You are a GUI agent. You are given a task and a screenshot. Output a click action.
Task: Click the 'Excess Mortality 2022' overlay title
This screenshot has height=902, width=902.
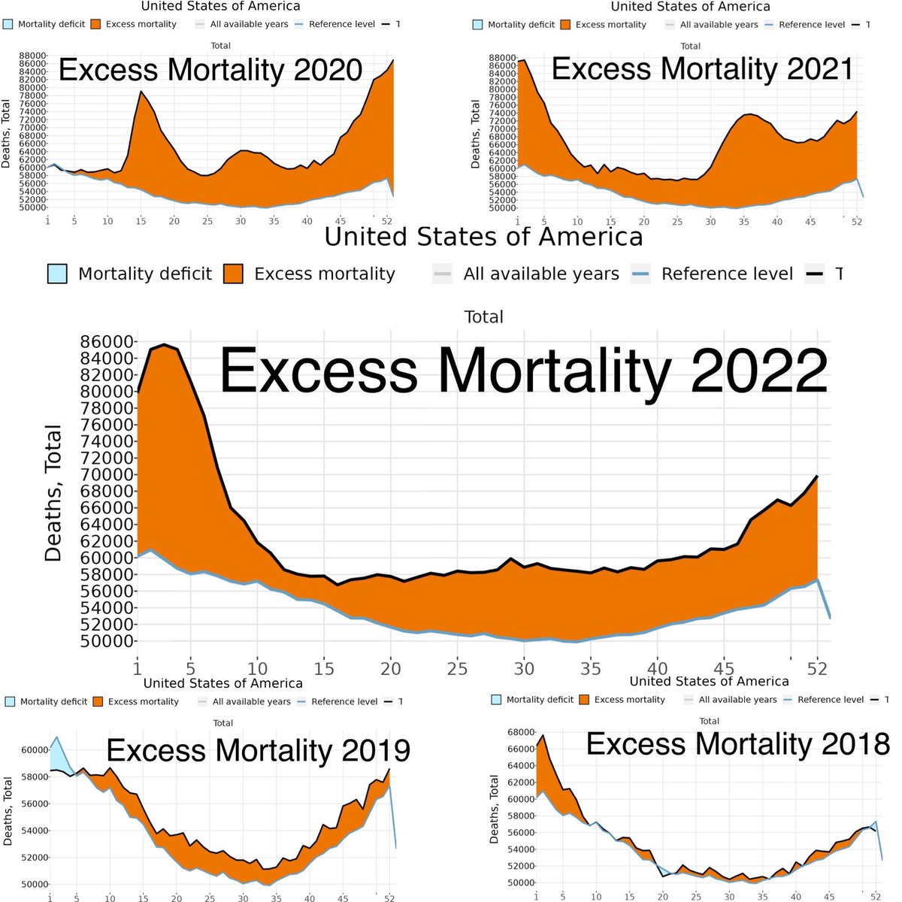tap(523, 370)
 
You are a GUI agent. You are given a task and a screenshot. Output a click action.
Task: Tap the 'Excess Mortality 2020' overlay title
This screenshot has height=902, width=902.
tap(210, 71)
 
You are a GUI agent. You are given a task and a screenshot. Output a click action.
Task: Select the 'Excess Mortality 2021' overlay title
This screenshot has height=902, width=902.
tap(702, 69)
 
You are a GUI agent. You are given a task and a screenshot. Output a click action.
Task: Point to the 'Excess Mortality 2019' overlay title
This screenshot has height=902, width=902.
tap(259, 750)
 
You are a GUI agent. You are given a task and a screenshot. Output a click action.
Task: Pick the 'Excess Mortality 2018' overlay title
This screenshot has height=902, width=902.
tap(738, 744)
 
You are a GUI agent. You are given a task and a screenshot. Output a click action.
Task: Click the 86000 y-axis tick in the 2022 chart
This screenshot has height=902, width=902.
tap(107, 341)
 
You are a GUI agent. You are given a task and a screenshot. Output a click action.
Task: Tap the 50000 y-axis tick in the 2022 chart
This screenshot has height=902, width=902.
tap(107, 641)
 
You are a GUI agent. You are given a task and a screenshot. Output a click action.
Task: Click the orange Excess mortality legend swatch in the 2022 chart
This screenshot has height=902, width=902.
tap(233, 274)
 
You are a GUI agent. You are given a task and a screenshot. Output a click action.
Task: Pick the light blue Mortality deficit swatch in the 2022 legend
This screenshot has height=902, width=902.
tap(57, 274)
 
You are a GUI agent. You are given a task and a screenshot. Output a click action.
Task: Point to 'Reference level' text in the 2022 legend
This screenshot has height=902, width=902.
tap(727, 274)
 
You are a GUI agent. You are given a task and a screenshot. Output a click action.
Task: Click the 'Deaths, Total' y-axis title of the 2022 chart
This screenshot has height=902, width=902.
tap(53, 494)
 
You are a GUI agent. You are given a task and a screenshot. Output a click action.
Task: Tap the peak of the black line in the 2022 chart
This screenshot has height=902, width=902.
tap(164, 345)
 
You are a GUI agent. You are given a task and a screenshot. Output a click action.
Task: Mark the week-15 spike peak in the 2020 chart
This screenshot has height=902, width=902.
tap(141, 92)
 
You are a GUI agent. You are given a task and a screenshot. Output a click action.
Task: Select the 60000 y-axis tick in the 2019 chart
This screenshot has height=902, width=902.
tap(34, 749)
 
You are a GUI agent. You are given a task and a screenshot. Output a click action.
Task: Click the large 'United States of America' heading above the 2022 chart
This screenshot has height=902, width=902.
tap(483, 237)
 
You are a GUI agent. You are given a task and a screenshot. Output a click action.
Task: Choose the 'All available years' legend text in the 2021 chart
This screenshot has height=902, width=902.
tap(719, 25)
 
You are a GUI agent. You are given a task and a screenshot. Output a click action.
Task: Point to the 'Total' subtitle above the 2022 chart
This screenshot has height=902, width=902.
tap(483, 316)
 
